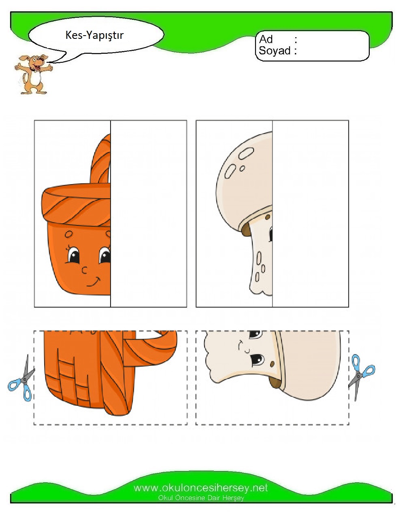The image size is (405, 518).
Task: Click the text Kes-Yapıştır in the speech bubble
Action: coord(94,35)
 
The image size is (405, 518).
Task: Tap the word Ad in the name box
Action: coord(266,39)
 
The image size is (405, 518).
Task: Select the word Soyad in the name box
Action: coord(275,51)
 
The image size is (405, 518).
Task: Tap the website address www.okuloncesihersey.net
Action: coord(201,488)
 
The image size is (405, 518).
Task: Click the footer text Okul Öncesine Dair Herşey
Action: coord(201,498)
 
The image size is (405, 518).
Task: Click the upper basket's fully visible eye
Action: coord(73,256)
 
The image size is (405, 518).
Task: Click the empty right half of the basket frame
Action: coord(149,214)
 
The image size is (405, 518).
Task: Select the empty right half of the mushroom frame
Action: coord(310,214)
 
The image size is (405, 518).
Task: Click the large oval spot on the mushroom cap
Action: coord(246,153)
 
